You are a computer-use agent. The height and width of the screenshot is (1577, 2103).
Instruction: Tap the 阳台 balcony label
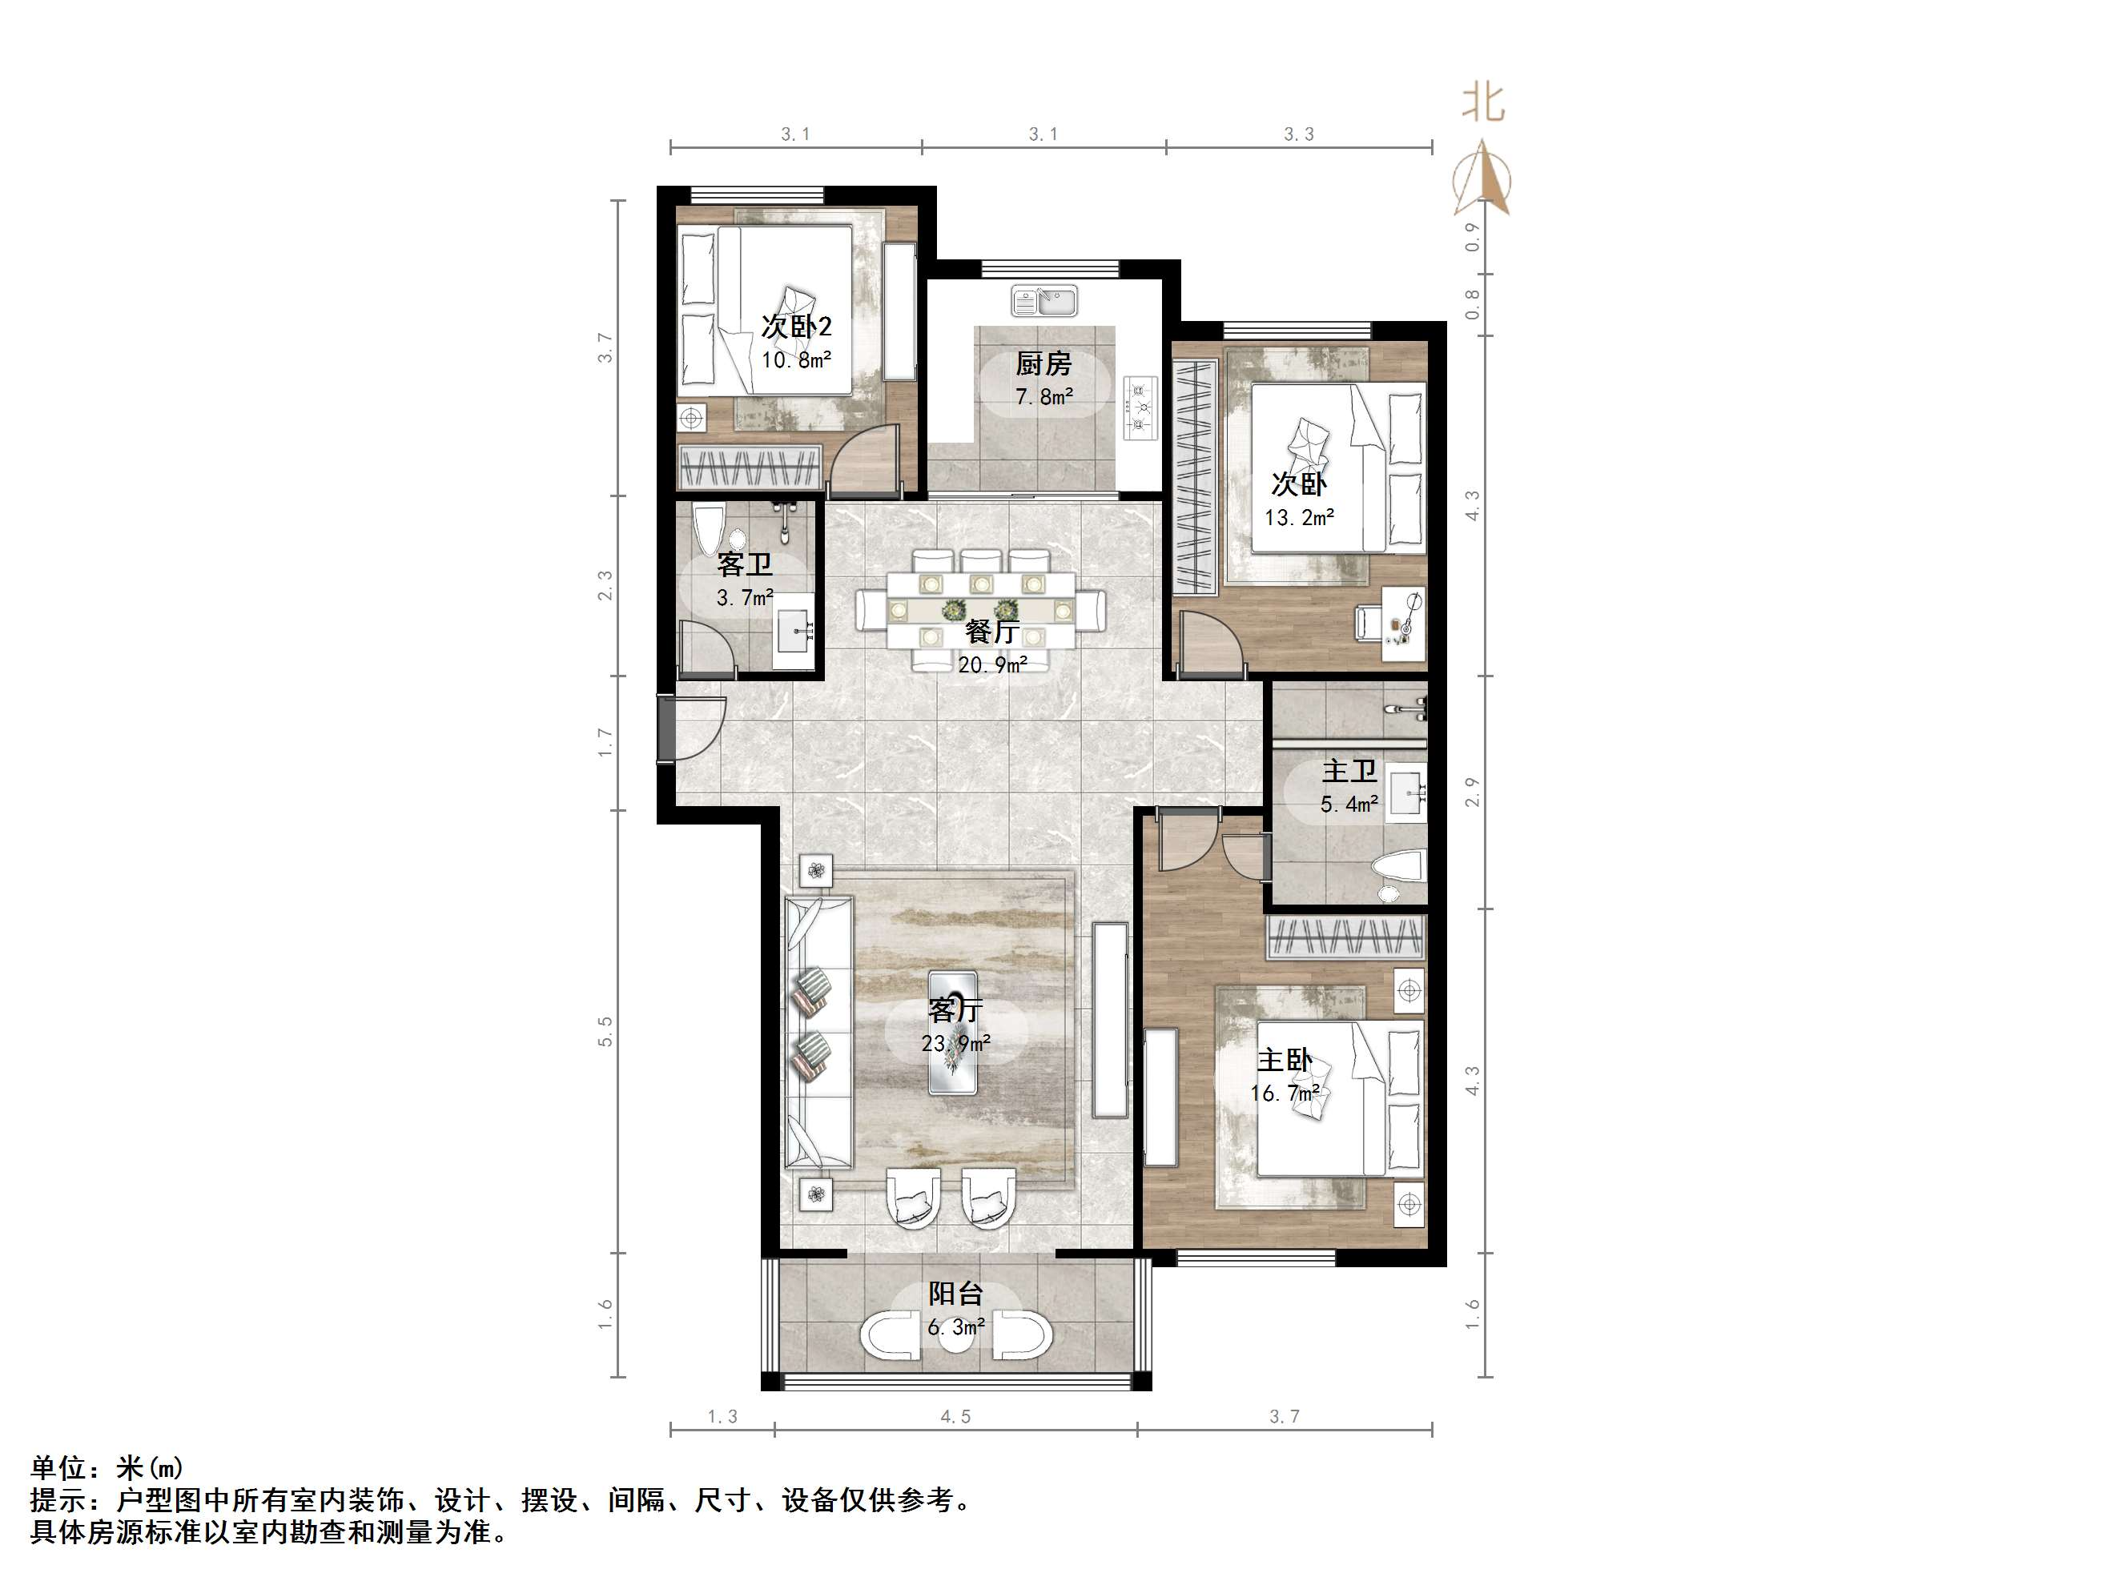[x=955, y=1293]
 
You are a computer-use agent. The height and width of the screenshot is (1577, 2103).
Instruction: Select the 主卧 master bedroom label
[x=1285, y=1059]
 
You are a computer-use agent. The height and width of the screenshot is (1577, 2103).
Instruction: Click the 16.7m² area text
[x=1285, y=1093]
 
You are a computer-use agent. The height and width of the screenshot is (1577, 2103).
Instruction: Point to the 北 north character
[x=1483, y=102]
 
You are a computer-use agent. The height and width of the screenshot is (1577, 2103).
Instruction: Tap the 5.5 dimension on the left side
[x=605, y=1031]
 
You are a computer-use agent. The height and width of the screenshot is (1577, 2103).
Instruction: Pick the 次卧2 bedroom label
[x=797, y=326]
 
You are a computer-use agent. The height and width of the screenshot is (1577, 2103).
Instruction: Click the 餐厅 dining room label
[x=992, y=631]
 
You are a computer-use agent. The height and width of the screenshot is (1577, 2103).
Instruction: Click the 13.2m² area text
[x=1300, y=518]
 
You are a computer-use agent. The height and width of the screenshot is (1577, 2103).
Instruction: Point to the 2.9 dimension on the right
[x=1473, y=792]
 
